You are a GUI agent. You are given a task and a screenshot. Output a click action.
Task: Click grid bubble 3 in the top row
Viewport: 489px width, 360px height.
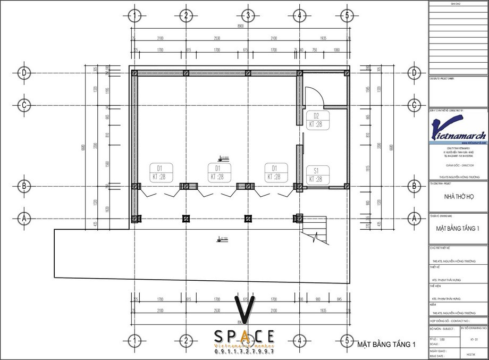(248, 15)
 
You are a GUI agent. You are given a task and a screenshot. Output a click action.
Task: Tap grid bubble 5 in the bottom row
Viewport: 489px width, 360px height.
(347, 340)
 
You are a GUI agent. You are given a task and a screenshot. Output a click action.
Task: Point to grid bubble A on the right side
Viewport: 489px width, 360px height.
(414, 217)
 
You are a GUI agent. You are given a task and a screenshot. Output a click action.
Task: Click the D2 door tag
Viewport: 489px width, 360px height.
(316, 120)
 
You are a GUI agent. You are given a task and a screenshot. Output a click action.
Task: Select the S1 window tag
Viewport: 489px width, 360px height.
(316, 175)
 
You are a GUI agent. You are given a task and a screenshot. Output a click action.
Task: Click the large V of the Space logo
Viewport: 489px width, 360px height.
(244, 311)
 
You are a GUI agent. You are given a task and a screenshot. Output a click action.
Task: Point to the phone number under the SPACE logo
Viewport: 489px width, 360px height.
(244, 352)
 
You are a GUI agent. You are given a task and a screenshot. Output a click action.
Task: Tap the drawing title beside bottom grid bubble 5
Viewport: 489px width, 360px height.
(386, 345)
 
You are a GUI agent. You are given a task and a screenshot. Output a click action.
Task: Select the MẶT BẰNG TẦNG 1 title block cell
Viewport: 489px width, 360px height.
(458, 229)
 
